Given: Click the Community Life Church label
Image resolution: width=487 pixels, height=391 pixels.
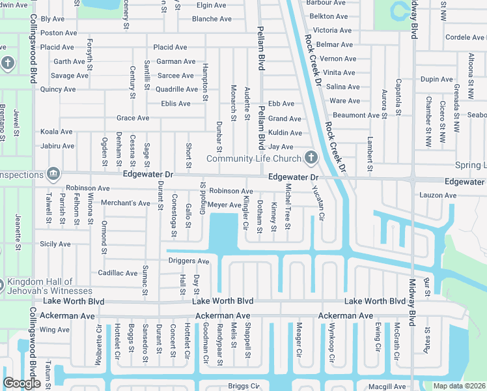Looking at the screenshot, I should coord(253,159).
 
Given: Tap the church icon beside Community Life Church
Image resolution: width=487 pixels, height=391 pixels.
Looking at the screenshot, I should coord(311,158).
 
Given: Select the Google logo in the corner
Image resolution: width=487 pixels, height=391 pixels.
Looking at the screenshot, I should coord(21,383).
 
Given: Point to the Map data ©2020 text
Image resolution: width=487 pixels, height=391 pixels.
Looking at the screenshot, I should coord(458,386).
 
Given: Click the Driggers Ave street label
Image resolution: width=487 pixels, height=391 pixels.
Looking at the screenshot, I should coord(189,261).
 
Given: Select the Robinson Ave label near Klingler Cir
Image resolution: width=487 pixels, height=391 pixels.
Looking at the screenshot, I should coord(230,191).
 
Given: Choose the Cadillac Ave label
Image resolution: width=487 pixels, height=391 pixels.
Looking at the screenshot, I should coord(117,273).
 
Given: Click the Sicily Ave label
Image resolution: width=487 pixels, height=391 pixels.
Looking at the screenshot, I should coord(55,244).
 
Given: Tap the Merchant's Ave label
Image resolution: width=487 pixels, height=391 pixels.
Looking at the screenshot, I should coord(125,203).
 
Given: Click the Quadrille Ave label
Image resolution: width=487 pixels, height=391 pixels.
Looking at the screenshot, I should coord(176,89).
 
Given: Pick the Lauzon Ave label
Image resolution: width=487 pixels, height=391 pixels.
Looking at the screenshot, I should coord(456,195).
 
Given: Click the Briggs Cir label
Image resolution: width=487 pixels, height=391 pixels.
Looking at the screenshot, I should coord(244,386).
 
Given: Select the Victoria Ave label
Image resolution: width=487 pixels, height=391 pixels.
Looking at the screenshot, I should coord(333,31).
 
